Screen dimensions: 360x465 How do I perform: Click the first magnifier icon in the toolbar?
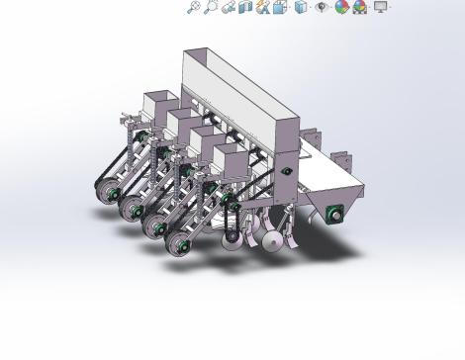[194, 7]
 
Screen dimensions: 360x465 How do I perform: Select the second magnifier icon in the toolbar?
[211, 7]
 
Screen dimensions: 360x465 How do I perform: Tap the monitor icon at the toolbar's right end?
[380, 7]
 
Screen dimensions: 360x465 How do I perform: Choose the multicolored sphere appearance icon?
[341, 7]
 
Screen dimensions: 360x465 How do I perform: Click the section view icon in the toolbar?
[245, 7]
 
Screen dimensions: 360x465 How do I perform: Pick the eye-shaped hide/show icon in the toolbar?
[322, 7]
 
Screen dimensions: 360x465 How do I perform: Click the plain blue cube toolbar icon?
[300, 7]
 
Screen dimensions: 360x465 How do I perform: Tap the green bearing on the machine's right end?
[337, 212]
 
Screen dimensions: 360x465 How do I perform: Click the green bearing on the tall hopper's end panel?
[287, 171]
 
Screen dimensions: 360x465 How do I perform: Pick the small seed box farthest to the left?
[158, 105]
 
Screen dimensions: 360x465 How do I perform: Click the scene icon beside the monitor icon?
[360, 7]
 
